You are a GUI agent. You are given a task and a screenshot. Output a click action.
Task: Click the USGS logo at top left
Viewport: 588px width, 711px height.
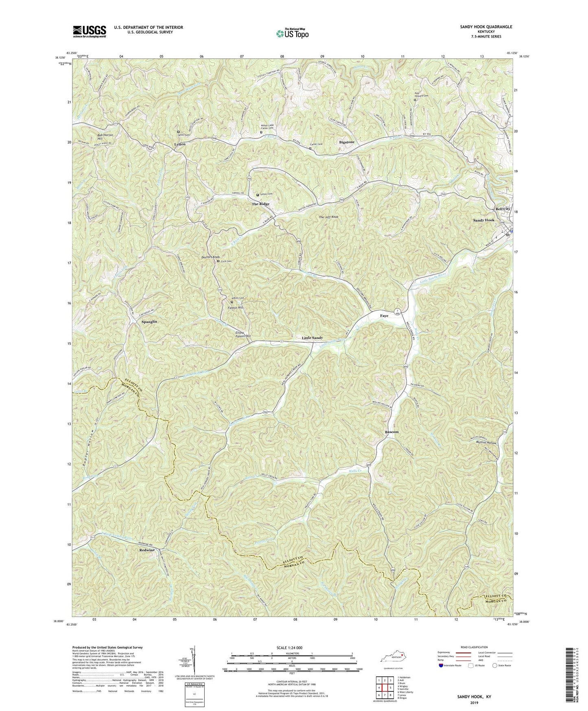[90, 31]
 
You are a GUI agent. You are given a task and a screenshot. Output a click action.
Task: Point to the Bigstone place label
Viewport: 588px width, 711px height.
[347, 142]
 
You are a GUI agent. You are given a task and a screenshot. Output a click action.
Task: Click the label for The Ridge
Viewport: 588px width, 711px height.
[260, 204]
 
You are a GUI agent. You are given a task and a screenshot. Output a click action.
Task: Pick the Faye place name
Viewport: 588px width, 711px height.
[384, 316]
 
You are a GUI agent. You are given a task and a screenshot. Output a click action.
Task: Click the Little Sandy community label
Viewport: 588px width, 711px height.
[312, 338]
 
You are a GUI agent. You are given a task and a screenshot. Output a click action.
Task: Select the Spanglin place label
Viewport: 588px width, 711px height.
[149, 322]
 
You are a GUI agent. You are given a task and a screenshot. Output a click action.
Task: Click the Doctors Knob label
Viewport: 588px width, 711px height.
[211, 257]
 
